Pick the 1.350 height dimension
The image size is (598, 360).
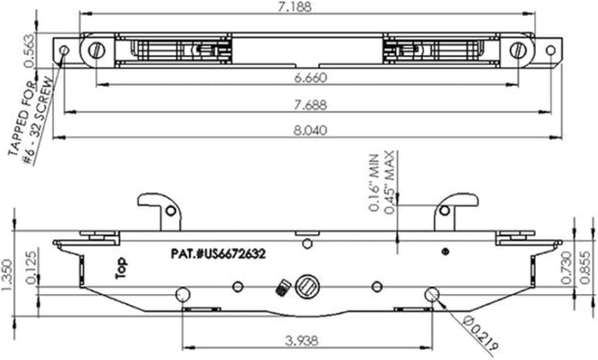[8, 272]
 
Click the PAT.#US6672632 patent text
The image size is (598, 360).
[218, 254]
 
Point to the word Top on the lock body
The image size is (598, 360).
[120, 268]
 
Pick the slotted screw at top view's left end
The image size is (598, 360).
[97, 50]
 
